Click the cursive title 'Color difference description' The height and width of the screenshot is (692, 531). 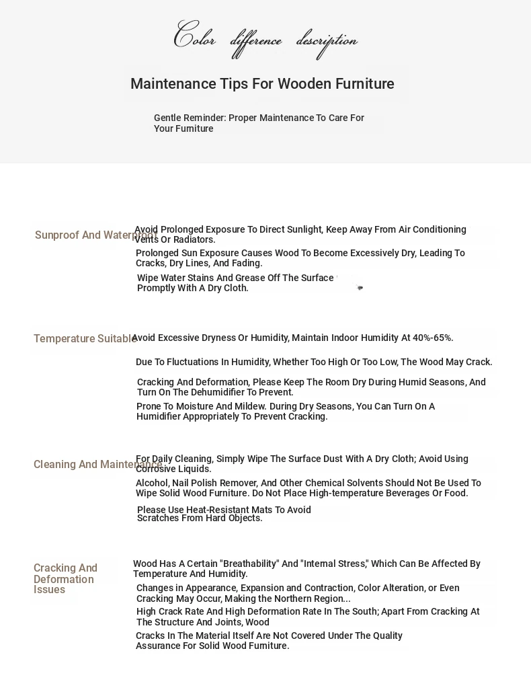[x=265, y=38]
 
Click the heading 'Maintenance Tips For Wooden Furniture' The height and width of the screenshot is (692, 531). [x=262, y=84]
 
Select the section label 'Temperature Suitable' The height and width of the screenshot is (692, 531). [x=85, y=339]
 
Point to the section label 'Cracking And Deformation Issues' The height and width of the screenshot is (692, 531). [x=65, y=579]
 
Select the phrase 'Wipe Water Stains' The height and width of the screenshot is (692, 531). [x=176, y=278]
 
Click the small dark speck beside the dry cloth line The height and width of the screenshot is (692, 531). [x=360, y=288]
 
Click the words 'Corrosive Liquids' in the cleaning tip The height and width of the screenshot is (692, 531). [x=173, y=469]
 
